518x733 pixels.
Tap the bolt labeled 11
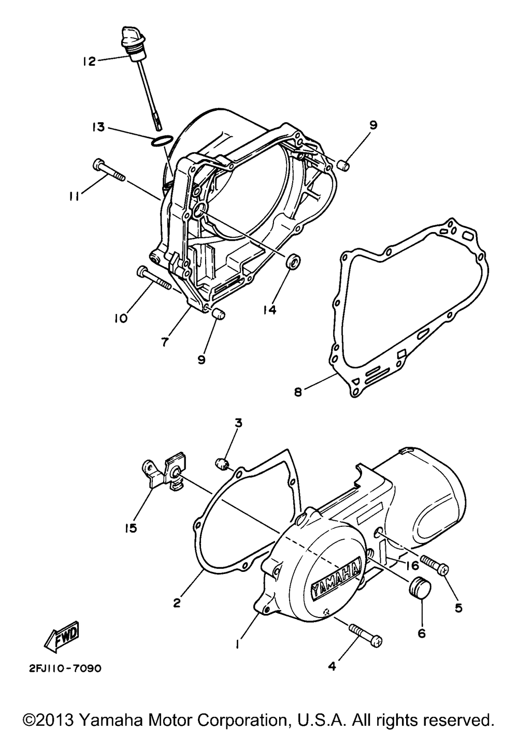[x=109, y=170]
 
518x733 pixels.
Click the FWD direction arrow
[x=62, y=637]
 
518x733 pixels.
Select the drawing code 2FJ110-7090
[x=62, y=668]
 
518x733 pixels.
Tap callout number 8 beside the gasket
[x=297, y=392]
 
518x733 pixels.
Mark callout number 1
[x=237, y=644]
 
